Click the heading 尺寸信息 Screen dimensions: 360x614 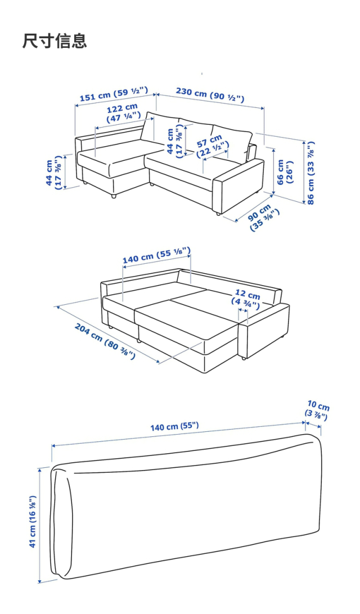point(55,40)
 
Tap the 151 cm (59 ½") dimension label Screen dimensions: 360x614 point(114,94)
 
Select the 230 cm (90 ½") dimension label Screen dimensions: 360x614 point(210,94)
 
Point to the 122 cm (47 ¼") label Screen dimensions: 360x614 point(123,111)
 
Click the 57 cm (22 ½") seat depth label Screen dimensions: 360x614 point(212,146)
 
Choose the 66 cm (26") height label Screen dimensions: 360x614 point(285,172)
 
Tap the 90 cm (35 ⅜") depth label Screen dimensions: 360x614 point(263,218)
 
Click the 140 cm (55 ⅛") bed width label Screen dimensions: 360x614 point(157,255)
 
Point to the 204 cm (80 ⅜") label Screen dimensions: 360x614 point(105,341)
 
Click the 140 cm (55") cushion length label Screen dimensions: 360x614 point(175,426)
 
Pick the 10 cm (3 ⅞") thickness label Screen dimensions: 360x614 point(317,409)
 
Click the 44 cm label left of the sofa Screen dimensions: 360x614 point(53,173)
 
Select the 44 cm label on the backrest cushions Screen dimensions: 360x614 point(175,141)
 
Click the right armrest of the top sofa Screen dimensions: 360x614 point(239,184)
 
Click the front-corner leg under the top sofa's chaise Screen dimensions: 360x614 point(113,196)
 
